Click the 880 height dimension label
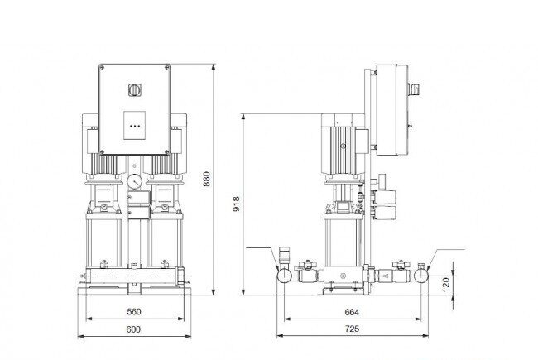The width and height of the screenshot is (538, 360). point(206,179)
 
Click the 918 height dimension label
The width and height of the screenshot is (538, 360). point(237,204)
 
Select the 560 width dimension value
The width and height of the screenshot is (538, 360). point(134,312)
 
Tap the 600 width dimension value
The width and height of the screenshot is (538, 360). point(133,329)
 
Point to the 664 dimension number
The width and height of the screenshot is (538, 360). point(352,312)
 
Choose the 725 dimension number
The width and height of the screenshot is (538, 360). point(352,329)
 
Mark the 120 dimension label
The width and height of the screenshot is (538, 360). point(445,285)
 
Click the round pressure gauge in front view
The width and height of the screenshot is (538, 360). point(134,182)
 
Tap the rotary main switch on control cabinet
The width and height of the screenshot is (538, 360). point(134,90)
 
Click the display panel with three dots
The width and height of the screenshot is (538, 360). point(134,126)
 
